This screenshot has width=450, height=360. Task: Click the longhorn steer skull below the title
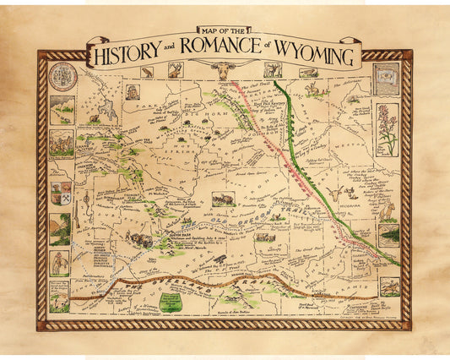pos(224,71)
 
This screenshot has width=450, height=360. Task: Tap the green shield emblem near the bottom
pos(171,303)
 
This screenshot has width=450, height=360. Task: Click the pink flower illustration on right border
pos(388,127)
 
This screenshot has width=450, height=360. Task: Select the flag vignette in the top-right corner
pos(387,77)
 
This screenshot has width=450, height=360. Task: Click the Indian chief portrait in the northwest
pos(133,91)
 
